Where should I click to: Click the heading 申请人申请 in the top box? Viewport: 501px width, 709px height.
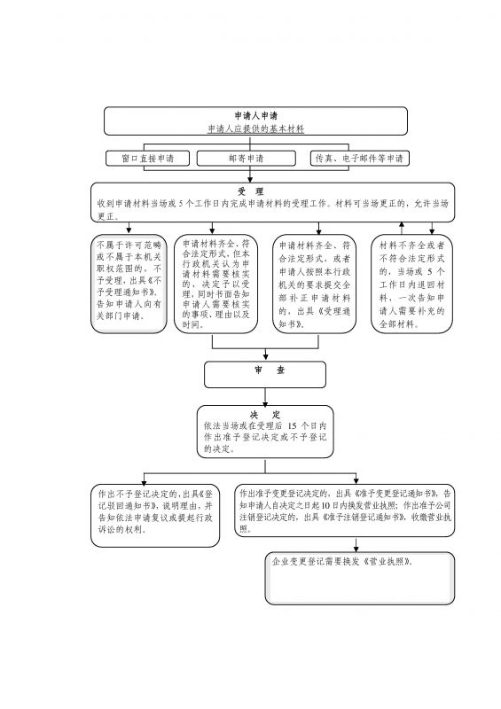click(x=255, y=115)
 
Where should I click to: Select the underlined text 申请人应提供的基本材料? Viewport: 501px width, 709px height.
click(x=255, y=129)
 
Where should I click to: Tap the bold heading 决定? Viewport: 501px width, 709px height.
click(x=264, y=415)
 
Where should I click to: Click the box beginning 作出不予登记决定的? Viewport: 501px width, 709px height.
click(x=154, y=514)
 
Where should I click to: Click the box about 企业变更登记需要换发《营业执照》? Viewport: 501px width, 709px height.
click(x=359, y=578)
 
